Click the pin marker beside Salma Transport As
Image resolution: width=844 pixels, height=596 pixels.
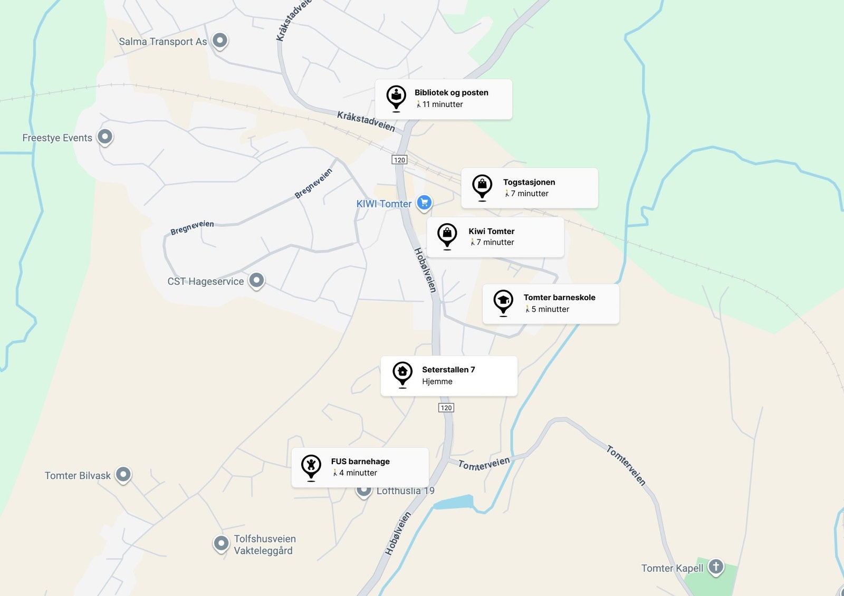coord(220,40)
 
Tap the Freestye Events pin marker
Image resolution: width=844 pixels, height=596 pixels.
coord(105,137)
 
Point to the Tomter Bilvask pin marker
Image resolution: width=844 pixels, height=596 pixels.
coord(123,474)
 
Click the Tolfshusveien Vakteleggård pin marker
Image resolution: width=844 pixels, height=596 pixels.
coord(221,543)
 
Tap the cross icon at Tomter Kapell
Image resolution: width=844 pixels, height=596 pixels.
coord(716,566)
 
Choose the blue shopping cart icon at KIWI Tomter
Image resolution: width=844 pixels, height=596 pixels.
coord(424,202)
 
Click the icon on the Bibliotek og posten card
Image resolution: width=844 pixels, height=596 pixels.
coord(396,97)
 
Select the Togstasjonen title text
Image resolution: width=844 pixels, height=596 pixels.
coord(529,182)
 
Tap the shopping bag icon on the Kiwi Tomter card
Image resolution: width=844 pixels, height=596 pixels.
coord(447,234)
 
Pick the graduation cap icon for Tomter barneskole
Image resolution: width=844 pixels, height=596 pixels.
coord(503,301)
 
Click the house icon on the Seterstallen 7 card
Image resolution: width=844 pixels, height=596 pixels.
coord(402,372)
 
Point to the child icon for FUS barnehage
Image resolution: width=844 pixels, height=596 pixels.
coord(311,465)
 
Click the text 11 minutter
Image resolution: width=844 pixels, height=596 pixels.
coord(442,104)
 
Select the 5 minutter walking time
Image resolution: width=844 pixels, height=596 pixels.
coord(550,309)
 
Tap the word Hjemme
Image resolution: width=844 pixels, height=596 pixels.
coord(437,381)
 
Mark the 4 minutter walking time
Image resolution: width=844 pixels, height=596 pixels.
coord(358,473)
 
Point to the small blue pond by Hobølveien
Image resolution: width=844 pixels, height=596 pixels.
coord(453,502)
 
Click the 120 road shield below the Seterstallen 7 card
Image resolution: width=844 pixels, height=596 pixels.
coord(446,408)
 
